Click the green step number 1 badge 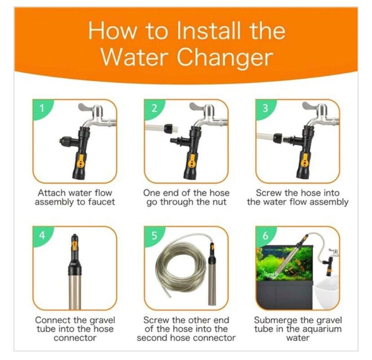(41, 108)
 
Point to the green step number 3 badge (265, 108)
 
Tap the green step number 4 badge (41, 235)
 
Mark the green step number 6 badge (265, 235)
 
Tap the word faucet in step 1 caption (101, 202)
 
